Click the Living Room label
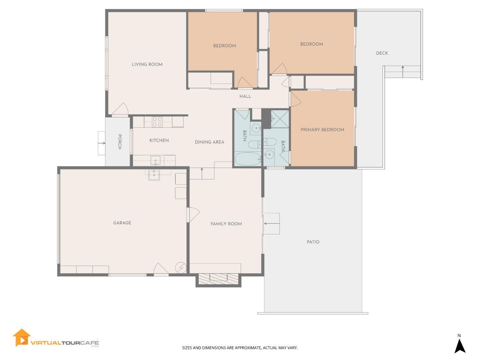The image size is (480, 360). tap(147, 64)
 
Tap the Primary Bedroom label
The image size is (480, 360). tap(322, 130)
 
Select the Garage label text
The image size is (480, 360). tap(122, 223)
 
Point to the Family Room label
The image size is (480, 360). tap(226, 224)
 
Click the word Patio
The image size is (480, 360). tap(313, 242)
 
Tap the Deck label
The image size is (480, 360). tap(382, 53)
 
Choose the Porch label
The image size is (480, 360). tap(120, 142)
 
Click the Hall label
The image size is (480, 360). tap(245, 96)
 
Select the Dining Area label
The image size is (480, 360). tap(209, 142)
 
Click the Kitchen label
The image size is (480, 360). tap(159, 140)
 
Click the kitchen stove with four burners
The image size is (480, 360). tap(157, 122)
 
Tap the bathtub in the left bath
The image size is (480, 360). tap(248, 159)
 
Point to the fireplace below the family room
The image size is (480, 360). tap(218, 279)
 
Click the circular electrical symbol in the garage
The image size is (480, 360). tap(180, 267)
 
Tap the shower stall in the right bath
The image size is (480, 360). tap(280, 119)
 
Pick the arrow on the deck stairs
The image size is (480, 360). tap(403, 67)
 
